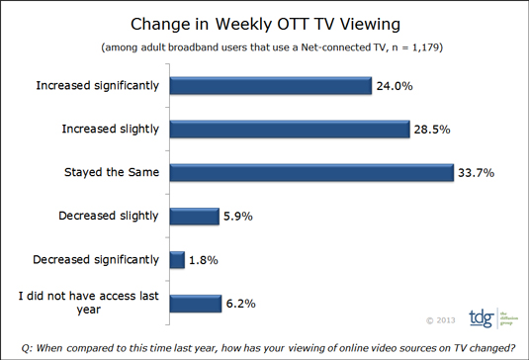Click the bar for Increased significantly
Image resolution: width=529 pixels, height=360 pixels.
coord(269,85)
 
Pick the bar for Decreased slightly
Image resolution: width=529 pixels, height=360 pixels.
coord(194,216)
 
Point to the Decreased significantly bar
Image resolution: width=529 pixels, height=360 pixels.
coord(177,259)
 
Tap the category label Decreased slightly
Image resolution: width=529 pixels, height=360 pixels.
coord(106,217)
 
